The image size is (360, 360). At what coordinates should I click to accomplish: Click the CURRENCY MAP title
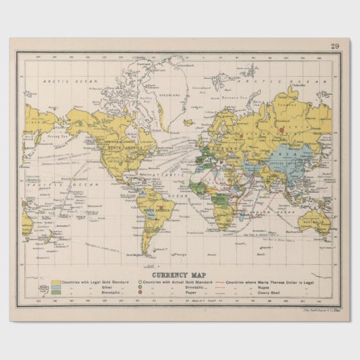pos(179,274)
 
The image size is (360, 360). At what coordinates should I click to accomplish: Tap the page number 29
pos(335,46)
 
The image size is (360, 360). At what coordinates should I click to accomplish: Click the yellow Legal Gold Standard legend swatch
pos(56,281)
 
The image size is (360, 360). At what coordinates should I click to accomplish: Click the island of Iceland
pos(188,123)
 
